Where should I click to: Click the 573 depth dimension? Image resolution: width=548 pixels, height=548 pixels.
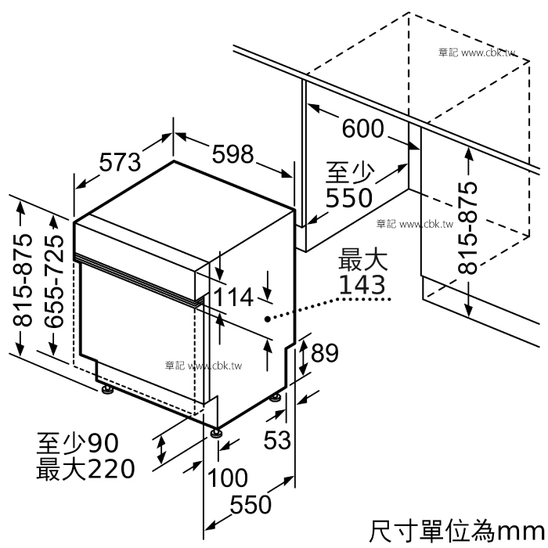pyautogui.click(x=120, y=162)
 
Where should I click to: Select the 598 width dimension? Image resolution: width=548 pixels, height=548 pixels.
pyautogui.click(x=233, y=153)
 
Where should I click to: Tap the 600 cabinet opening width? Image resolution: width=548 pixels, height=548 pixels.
pyautogui.click(x=362, y=128)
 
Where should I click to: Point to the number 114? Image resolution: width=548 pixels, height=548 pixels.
pyautogui.click(x=233, y=297)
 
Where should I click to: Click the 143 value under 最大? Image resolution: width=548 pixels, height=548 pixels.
pyautogui.click(x=362, y=284)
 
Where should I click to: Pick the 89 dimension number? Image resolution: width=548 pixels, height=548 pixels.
pyautogui.click(x=325, y=352)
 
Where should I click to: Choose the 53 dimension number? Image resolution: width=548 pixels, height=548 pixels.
pyautogui.click(x=277, y=440)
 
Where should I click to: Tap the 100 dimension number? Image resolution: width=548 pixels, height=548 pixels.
pyautogui.click(x=228, y=478)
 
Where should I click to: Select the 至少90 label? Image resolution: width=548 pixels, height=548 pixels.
pyautogui.click(x=78, y=443)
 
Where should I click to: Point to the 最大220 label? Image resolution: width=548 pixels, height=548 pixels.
pyautogui.click(x=85, y=469)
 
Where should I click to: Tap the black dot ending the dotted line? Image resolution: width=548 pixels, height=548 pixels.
pyautogui.click(x=268, y=319)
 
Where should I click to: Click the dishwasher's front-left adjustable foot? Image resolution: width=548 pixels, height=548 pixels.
pyautogui.click(x=216, y=432)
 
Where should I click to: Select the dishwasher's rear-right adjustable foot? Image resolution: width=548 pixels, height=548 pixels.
pyautogui.click(x=276, y=398)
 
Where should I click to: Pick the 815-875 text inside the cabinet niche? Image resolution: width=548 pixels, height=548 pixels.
pyautogui.click(x=467, y=228)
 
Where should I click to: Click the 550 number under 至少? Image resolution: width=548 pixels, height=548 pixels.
pyautogui.click(x=349, y=198)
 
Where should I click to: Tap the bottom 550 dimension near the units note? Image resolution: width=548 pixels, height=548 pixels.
pyautogui.click(x=251, y=504)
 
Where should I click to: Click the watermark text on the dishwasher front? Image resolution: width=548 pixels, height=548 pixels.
pyautogui.click(x=204, y=366)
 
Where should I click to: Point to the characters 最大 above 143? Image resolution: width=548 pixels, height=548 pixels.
pyautogui.click(x=362, y=259)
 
